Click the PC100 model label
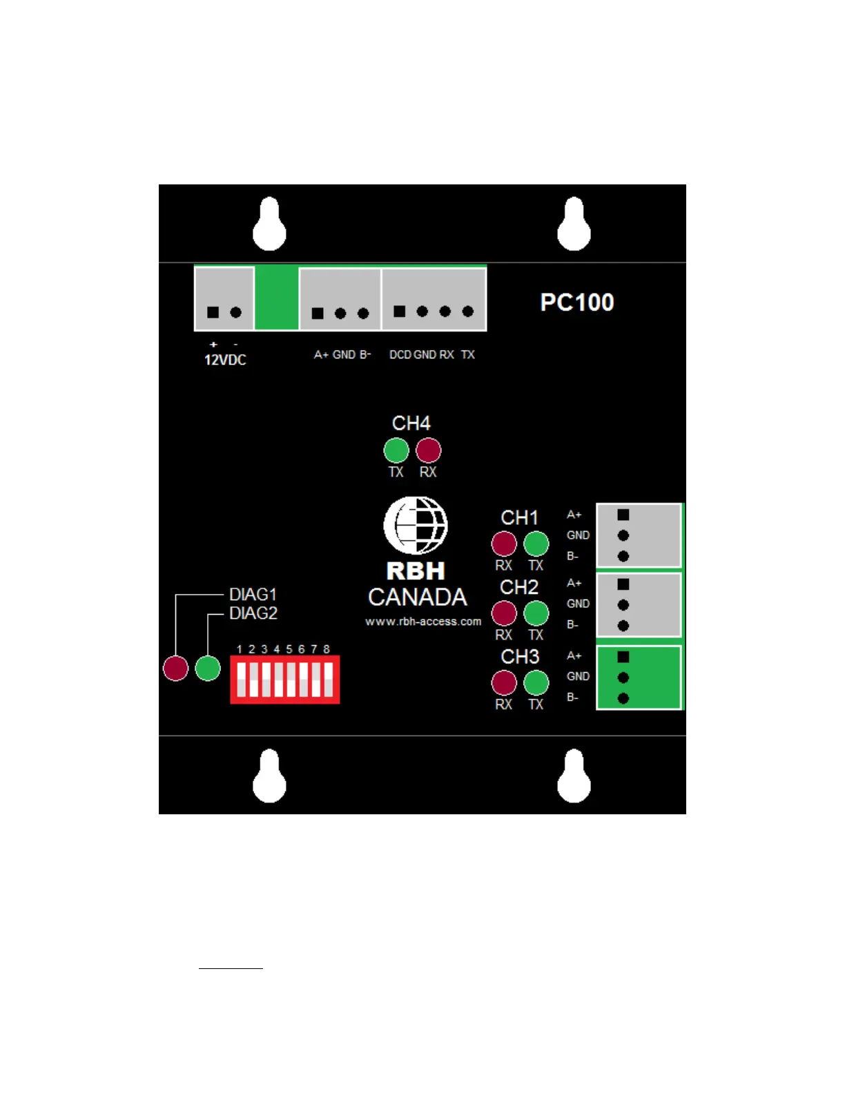click(576, 303)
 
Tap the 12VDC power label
click(225, 360)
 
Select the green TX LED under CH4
click(396, 450)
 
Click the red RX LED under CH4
click(428, 450)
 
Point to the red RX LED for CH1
click(504, 544)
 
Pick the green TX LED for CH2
click(536, 613)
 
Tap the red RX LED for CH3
click(504, 683)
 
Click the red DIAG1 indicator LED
click(175, 668)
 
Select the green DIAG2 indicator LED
click(208, 668)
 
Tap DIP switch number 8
click(328, 680)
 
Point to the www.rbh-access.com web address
click(423, 622)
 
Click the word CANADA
click(418, 597)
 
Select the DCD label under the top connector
click(400, 354)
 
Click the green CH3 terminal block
click(639, 678)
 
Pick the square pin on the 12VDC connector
click(213, 312)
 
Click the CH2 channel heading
click(519, 587)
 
